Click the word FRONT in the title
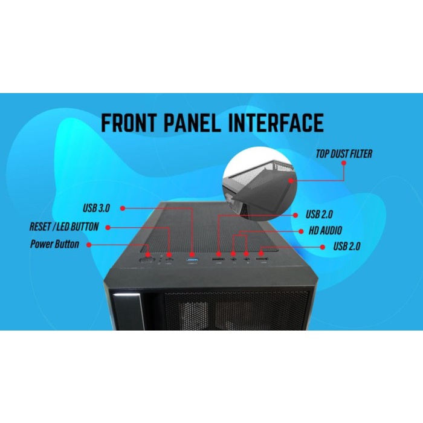pyautogui.click(x=129, y=123)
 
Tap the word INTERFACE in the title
pyautogui.click(x=276, y=123)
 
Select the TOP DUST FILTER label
pyautogui.click(x=344, y=153)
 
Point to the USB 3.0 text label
pyautogui.click(x=96, y=208)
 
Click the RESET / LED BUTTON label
pyautogui.click(x=64, y=227)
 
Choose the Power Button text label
pyautogui.click(x=54, y=244)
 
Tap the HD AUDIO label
pyautogui.click(x=325, y=231)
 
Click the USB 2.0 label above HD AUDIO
pyautogui.click(x=319, y=215)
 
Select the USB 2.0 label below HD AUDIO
pyautogui.click(x=347, y=247)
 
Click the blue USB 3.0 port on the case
pyautogui.click(x=192, y=260)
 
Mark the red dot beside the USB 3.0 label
pyautogui.click(x=123, y=208)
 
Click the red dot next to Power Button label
pyautogui.click(x=89, y=245)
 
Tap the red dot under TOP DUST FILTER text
pyautogui.click(x=344, y=163)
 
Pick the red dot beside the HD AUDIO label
pyautogui.click(x=301, y=231)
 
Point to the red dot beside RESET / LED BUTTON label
pyautogui.click(x=108, y=228)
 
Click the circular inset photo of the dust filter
pyautogui.click(x=259, y=184)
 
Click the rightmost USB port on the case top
pyautogui.click(x=262, y=259)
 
